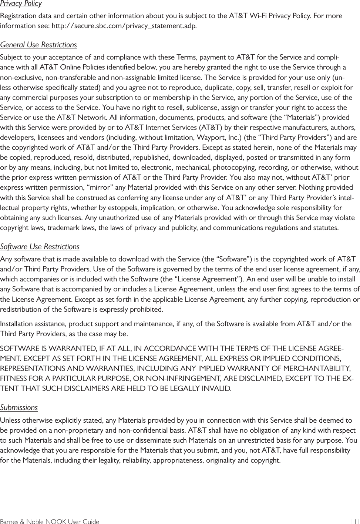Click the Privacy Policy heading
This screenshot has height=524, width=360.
21,4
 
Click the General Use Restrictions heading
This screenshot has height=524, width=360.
38,45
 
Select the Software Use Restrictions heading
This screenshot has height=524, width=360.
40,247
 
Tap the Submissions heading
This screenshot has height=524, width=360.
19,408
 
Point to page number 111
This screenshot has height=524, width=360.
354,522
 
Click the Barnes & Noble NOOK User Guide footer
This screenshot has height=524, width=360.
50,522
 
